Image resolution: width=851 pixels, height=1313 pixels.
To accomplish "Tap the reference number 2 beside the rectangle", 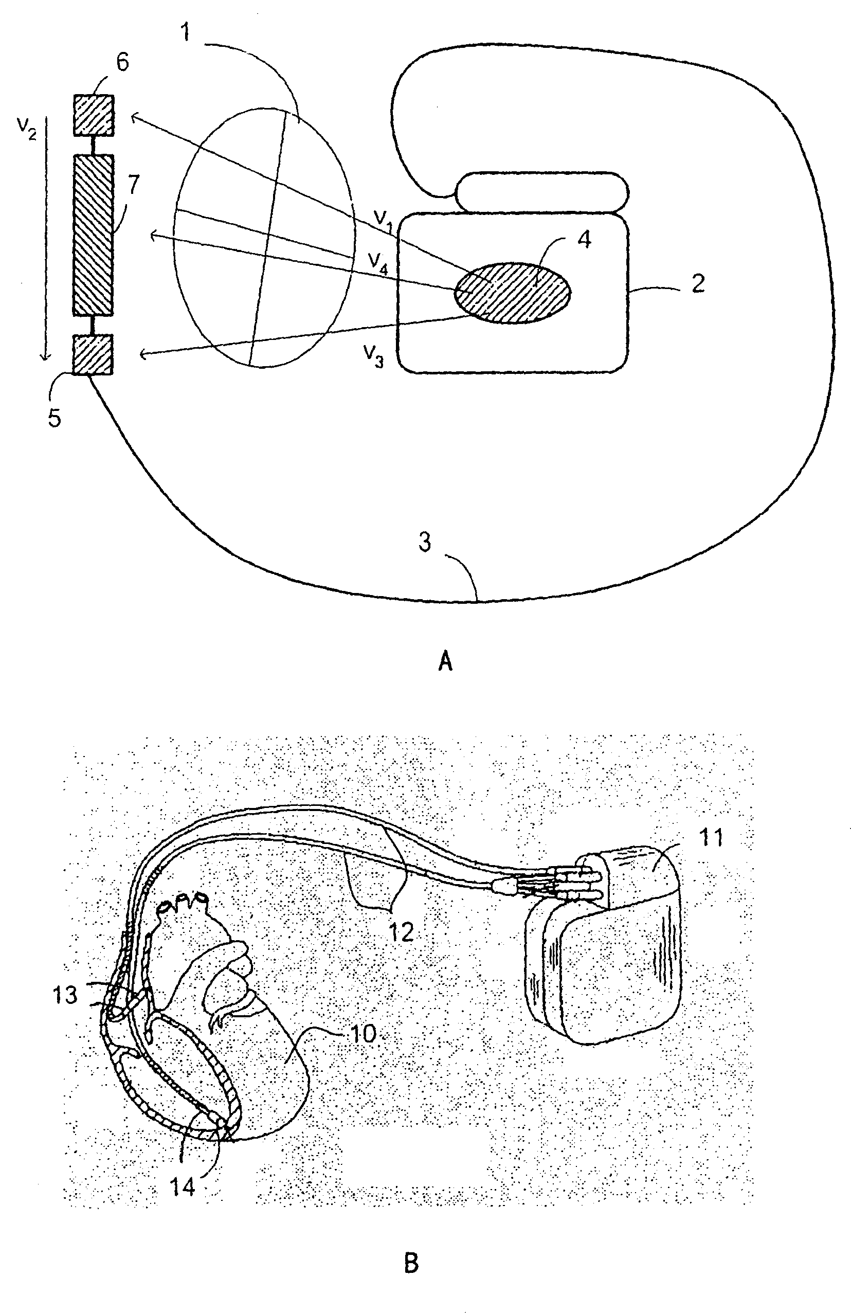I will (x=698, y=283).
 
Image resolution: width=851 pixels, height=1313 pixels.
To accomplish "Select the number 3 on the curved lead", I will (x=425, y=543).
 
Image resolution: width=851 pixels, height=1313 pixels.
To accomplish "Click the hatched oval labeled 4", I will (x=512, y=293).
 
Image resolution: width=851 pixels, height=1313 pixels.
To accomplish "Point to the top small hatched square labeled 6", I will (x=93, y=115).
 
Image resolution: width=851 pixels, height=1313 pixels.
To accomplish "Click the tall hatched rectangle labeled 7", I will (x=93, y=235).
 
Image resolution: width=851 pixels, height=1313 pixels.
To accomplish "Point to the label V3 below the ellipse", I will (x=373, y=358).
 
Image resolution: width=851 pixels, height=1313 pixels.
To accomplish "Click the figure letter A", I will (x=445, y=660).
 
